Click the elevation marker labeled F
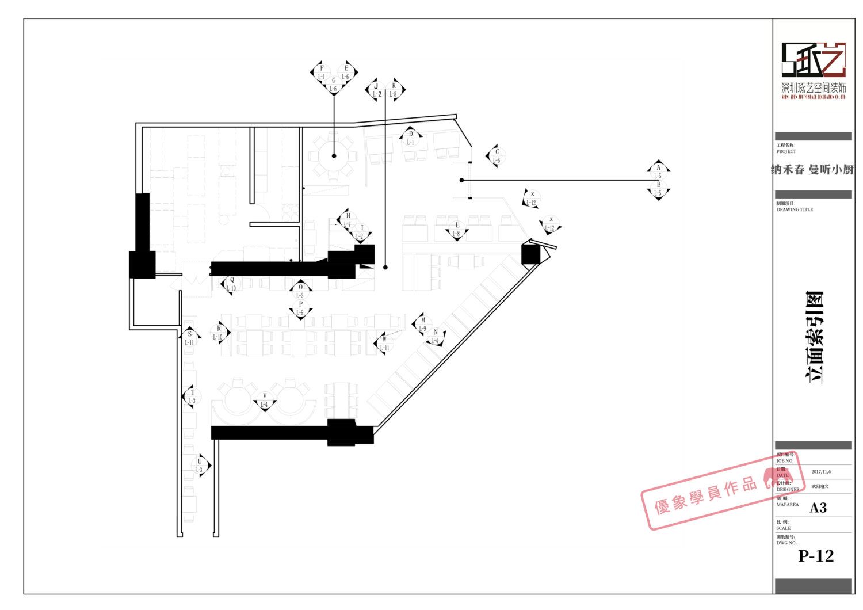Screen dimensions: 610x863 tap(322, 73)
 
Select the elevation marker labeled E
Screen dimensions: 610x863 tap(346, 73)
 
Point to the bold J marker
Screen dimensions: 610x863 tap(376, 90)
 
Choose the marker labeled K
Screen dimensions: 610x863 tap(394, 90)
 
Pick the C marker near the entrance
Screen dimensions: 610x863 tap(497, 157)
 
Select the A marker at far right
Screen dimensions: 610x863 tap(658, 171)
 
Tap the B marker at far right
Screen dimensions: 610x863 tap(658, 189)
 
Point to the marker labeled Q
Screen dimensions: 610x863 tap(231, 284)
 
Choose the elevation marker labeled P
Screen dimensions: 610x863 tap(300, 308)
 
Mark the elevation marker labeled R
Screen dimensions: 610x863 tap(219, 333)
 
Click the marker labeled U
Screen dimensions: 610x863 tap(200, 466)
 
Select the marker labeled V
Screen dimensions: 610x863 tap(265, 401)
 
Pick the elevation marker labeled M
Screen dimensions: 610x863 tap(423, 325)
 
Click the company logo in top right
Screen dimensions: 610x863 tap(814, 66)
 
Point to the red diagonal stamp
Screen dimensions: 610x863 tap(723, 490)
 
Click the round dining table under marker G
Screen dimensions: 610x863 tap(334, 156)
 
